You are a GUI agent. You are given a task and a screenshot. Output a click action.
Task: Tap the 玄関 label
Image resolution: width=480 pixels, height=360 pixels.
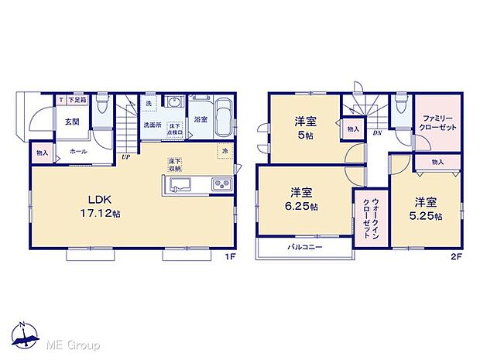(x=72, y=122)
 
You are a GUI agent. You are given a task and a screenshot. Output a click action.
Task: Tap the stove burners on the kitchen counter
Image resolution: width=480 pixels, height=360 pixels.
(x=219, y=184)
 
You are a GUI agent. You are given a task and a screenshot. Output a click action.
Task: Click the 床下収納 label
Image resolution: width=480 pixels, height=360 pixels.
(x=175, y=165)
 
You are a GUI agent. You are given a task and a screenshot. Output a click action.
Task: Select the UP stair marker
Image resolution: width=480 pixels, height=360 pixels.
(x=125, y=158)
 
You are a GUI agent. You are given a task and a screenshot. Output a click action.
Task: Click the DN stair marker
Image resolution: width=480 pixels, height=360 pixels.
(x=376, y=132)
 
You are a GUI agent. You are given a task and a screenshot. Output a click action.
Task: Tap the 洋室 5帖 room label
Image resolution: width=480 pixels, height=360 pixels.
(x=303, y=126)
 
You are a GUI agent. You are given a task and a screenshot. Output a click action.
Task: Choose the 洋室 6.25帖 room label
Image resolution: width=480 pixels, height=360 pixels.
(x=303, y=199)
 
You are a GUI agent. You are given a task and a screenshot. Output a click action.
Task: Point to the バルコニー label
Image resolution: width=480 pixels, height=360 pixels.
(x=307, y=247)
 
